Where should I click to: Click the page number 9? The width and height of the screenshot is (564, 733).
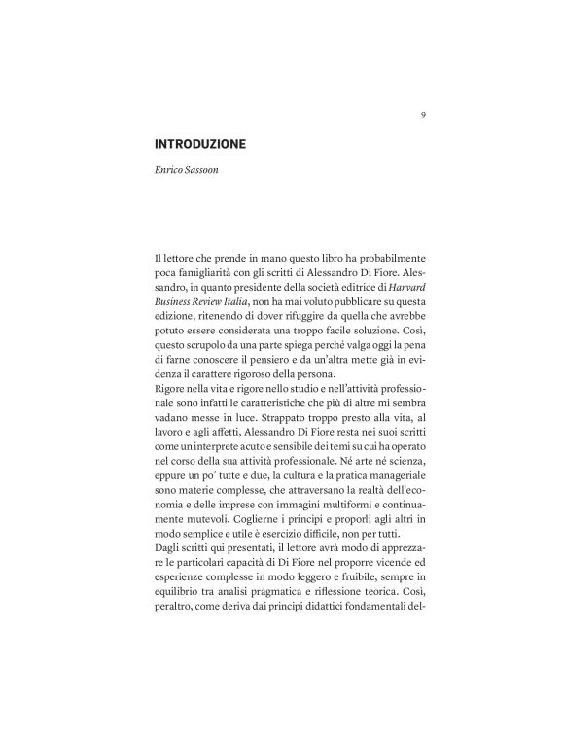(423, 114)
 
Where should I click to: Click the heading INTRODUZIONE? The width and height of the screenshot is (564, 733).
(201, 144)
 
